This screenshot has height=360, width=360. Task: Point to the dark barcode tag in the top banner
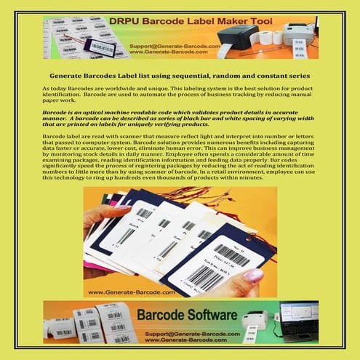point(101,47)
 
